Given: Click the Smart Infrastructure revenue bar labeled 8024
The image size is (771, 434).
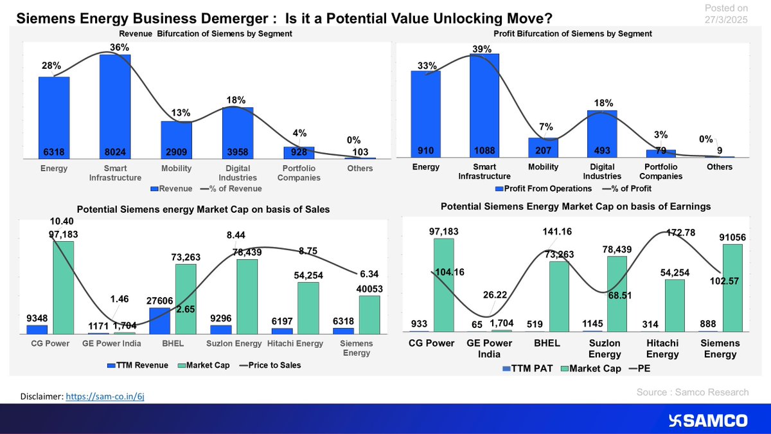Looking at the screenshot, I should click(114, 106).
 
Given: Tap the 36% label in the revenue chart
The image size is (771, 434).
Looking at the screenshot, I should click(114, 47).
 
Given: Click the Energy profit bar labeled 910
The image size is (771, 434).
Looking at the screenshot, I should click(425, 113).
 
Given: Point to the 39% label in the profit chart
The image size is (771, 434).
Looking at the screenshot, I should click(482, 49).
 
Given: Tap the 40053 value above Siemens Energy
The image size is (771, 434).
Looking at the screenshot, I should click(369, 289).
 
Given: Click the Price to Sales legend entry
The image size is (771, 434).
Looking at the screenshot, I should click(270, 365).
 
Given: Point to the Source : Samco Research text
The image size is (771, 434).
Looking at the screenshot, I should click(693, 392).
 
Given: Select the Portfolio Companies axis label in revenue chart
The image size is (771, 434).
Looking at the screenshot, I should click(299, 173).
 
